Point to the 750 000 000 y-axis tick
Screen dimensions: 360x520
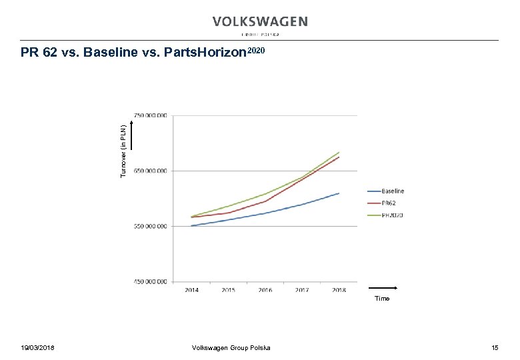tap(151, 115)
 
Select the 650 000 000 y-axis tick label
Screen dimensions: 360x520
tap(151, 171)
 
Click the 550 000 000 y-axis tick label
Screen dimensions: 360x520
tap(151, 226)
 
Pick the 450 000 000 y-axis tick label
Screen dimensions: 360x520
tap(151, 281)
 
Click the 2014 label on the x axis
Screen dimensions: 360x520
tap(191, 290)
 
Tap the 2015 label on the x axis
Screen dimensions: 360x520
tap(228, 290)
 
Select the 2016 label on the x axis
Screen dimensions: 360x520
tap(265, 290)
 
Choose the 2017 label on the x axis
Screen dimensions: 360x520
tap(302, 290)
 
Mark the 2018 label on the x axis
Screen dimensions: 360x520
tap(339, 290)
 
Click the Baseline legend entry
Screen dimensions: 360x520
tap(393, 191)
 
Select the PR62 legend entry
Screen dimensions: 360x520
tap(389, 203)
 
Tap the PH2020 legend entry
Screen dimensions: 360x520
tap(392, 215)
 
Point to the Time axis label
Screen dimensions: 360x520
tap(382, 298)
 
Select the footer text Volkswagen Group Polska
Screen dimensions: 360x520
tap(231, 348)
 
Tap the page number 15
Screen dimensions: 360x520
tap(494, 348)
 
